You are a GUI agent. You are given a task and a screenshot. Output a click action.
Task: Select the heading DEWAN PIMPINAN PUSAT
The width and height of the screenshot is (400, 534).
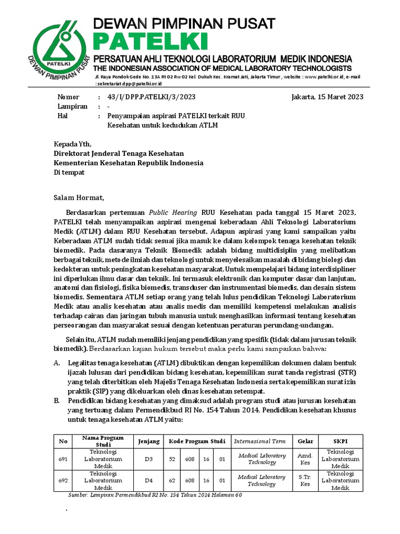[x=184, y=23]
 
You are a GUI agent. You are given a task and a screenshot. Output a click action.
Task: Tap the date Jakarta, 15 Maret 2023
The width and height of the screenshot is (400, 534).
[x=328, y=97]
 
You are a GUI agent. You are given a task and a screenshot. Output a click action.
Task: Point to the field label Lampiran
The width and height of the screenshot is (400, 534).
[x=70, y=106]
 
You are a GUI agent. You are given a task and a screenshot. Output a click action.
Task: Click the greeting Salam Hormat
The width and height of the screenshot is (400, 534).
[x=80, y=198]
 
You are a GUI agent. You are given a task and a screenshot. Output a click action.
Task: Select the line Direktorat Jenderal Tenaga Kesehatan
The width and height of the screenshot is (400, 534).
[x=119, y=153]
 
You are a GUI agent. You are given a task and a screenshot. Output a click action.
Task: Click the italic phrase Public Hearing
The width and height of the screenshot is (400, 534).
[x=173, y=212]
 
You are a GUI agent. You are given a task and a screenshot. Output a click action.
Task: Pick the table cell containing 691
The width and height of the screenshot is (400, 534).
[x=64, y=459]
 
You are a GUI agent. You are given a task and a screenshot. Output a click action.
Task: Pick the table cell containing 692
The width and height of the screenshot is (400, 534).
[x=64, y=480]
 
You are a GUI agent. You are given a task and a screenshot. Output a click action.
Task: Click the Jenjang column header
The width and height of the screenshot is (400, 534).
[x=148, y=441]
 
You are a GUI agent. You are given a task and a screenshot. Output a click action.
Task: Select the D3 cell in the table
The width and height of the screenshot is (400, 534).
[x=148, y=459]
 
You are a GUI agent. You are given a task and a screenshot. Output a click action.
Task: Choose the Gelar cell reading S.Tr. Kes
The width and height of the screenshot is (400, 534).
[x=305, y=480]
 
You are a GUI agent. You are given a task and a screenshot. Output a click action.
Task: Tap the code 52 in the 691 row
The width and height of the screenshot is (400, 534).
[x=171, y=459]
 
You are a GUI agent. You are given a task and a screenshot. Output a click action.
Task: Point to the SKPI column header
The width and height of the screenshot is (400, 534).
[x=341, y=441]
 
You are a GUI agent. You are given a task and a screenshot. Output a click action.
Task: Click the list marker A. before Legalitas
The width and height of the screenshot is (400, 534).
[x=57, y=362]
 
